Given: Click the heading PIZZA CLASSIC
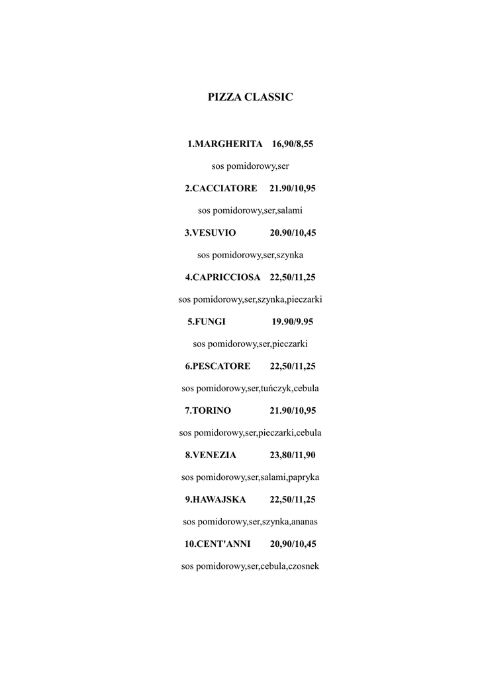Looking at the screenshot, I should (250, 97).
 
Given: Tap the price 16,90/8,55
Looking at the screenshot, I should (293, 144).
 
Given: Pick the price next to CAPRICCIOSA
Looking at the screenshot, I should (293, 277).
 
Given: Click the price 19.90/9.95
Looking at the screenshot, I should (293, 322).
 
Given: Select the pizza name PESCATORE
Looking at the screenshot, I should (221, 366).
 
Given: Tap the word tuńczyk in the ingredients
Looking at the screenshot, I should (276, 388).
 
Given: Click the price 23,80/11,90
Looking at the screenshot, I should (293, 455).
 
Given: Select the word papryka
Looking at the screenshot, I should (304, 477).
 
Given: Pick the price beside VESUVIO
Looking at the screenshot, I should (293, 232).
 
